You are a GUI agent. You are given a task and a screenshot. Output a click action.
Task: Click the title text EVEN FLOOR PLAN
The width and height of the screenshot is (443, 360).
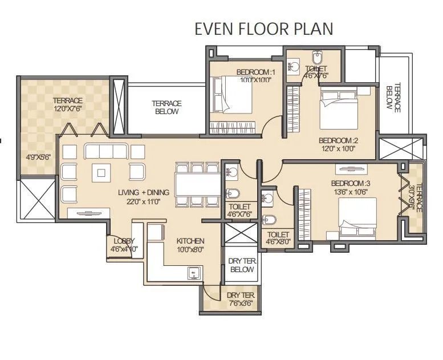coord(263,29)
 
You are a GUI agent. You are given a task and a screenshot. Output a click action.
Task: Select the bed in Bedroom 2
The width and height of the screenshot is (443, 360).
coord(338,108)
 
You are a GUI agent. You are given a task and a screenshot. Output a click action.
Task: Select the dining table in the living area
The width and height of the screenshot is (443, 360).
coord(197,185)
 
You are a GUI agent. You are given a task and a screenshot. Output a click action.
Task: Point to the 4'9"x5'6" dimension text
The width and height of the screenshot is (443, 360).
coord(38,157)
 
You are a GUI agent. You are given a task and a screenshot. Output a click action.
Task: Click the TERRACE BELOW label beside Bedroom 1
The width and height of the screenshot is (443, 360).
coord(166,107)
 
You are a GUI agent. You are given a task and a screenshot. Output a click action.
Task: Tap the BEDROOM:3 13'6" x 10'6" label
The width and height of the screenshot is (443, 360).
coord(351,187)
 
